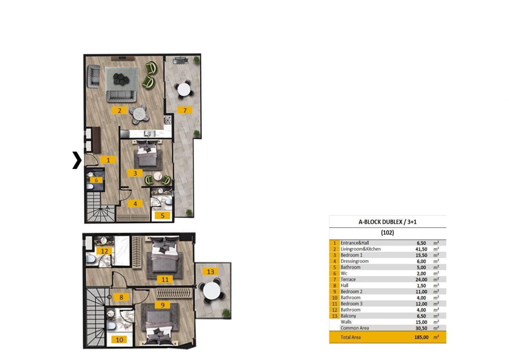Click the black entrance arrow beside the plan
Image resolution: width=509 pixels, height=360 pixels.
pyautogui.click(x=78, y=160)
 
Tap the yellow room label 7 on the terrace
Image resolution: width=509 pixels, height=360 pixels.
pyautogui.click(x=185, y=110)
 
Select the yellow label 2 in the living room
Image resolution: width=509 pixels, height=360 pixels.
pyautogui.click(x=119, y=111)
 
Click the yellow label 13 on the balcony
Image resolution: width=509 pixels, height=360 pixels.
pyautogui.click(x=210, y=272)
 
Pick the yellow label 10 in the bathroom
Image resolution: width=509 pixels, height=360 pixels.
pyautogui.click(x=120, y=340)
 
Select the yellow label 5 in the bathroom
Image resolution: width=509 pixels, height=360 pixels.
pyautogui.click(x=163, y=215)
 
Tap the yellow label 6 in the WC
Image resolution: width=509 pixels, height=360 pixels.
pyautogui.click(x=97, y=180)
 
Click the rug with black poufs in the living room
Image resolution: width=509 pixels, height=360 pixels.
pyautogui.click(x=122, y=79)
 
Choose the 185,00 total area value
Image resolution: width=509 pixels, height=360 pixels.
pyautogui.click(x=421, y=337)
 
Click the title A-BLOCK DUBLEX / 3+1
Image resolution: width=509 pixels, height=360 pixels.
pyautogui.click(x=388, y=222)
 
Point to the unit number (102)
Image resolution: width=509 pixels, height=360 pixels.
pyautogui.click(x=388, y=233)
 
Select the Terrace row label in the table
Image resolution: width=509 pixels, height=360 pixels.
pyautogui.click(x=348, y=279)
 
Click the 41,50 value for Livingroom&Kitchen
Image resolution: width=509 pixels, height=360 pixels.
pyautogui.click(x=421, y=249)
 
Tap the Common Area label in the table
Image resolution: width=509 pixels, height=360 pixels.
pyautogui.click(x=355, y=328)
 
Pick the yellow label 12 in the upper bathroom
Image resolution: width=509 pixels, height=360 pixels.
pyautogui.click(x=104, y=251)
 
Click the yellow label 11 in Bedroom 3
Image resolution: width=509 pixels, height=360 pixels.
pyautogui.click(x=165, y=280)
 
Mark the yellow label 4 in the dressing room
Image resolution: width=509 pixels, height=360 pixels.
pyautogui.click(x=135, y=204)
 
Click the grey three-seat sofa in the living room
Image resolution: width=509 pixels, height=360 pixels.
pyautogui.click(x=121, y=97)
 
